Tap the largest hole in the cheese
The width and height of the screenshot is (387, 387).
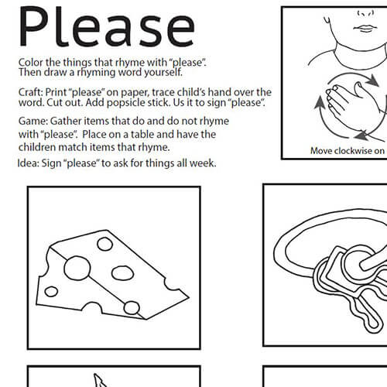tap(77, 268)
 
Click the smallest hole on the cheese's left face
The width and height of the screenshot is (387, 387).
tap(51, 292)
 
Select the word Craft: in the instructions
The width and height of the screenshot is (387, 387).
tap(30, 92)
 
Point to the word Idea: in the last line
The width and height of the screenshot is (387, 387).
tap(28, 163)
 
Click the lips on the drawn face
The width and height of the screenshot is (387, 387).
tap(365, 29)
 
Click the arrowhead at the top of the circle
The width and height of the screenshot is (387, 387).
tap(372, 80)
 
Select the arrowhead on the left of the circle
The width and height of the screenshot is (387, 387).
tap(320, 103)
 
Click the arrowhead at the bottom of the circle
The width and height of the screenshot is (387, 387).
tap(361, 135)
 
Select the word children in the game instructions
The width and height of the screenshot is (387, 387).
tap(37, 147)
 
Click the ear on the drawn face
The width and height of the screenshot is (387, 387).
tap(327, 19)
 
